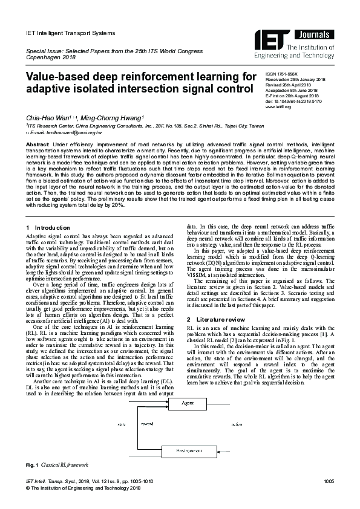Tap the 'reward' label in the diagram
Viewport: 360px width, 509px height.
point(146,424)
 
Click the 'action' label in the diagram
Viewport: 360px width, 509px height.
point(237,424)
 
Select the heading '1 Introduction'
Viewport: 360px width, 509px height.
point(49,227)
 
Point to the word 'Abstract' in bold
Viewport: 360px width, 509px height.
point(38,146)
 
